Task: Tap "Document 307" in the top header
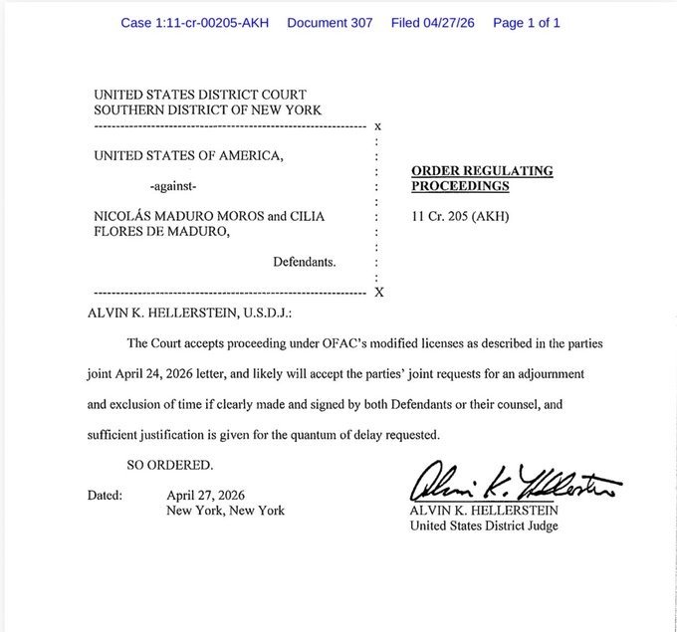(330, 22)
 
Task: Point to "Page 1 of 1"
(526, 22)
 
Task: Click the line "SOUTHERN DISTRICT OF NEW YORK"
(208, 108)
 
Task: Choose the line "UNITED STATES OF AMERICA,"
(189, 155)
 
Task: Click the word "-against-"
(172, 186)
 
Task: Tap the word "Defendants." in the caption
(305, 263)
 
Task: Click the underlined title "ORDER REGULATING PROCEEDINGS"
(482, 178)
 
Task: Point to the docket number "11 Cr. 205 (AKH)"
(460, 216)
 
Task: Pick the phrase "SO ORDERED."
(170, 465)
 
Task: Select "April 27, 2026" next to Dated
(206, 495)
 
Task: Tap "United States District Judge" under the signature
(484, 526)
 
